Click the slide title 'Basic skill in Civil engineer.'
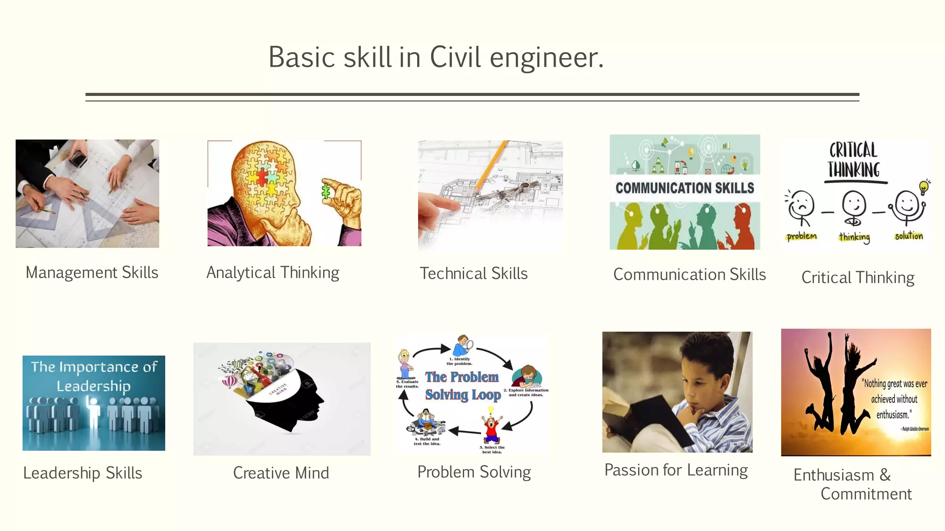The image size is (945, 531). [x=436, y=58]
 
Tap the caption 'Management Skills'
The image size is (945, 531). [x=92, y=272]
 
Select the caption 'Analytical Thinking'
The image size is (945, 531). [x=273, y=272]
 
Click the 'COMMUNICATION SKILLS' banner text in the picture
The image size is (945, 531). [x=685, y=188]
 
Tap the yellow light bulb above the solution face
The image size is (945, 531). [x=923, y=187]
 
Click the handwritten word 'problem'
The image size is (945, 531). [x=801, y=236]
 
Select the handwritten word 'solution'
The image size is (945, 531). [x=909, y=236]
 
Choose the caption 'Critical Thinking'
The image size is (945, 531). [x=858, y=277]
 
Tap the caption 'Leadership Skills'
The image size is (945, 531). [x=83, y=473]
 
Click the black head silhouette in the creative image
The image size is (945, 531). [x=295, y=406]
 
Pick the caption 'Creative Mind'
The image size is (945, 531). [x=281, y=473]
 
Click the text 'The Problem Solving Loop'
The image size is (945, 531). [x=463, y=386]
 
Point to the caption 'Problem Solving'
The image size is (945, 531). [x=474, y=472]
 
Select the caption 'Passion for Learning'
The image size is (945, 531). [x=676, y=470]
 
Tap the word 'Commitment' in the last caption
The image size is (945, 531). [x=866, y=494]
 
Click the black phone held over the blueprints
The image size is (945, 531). [x=78, y=159]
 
